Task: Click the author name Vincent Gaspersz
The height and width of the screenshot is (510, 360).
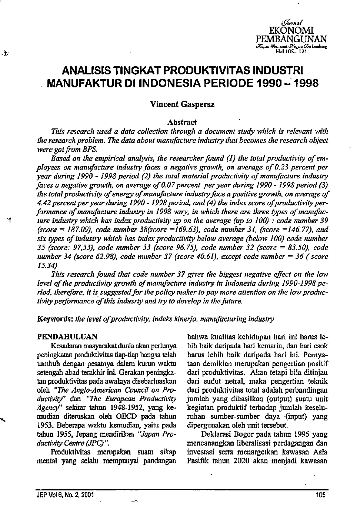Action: [182, 104]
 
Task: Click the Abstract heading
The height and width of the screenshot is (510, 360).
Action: [182, 122]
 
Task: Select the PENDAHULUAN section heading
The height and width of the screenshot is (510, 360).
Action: [67, 337]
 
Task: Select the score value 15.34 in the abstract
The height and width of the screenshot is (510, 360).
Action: [45, 265]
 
